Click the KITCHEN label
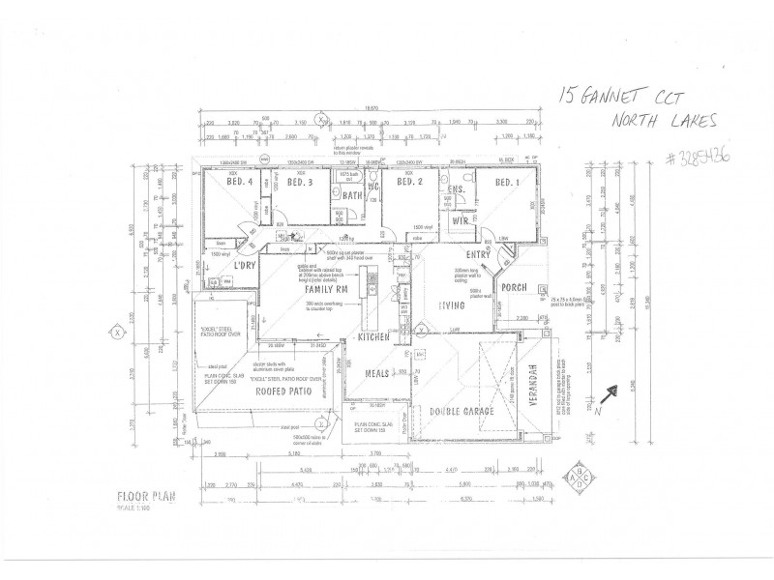[x=373, y=338]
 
